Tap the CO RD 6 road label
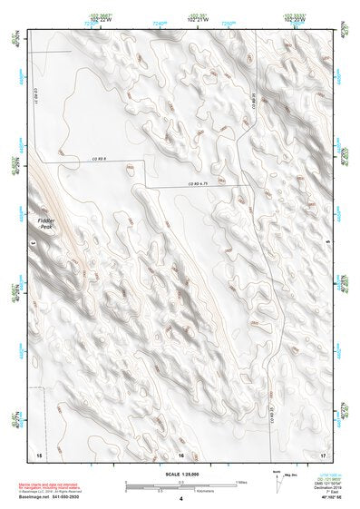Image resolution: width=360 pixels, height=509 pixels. (x=124, y=158)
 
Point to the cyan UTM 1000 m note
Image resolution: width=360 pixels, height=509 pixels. (x=327, y=473)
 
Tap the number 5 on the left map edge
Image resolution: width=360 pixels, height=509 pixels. (x=34, y=243)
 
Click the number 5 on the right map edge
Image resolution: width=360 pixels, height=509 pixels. (x=327, y=243)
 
